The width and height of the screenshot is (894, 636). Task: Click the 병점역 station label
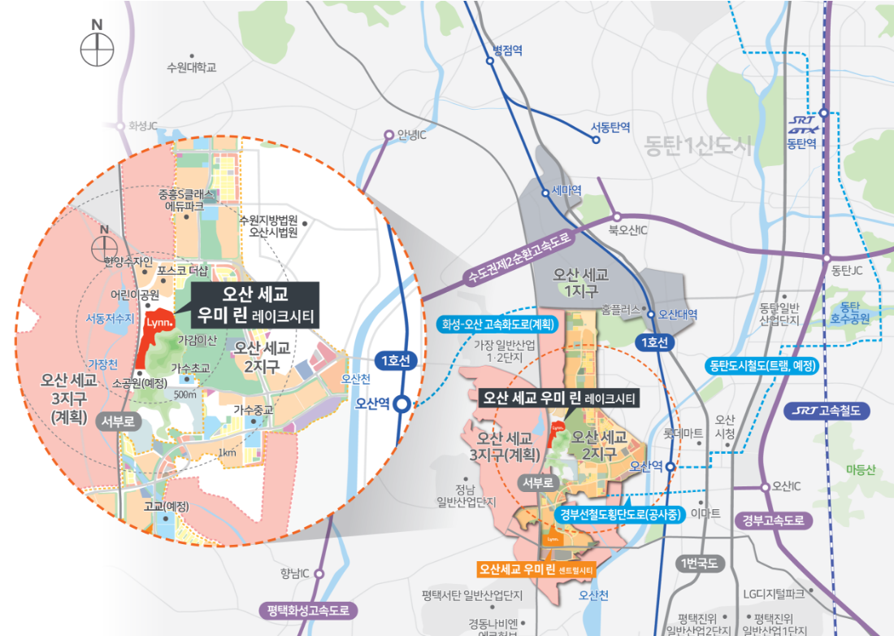(x=507, y=50)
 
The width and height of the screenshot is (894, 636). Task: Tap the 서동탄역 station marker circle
(x=597, y=140)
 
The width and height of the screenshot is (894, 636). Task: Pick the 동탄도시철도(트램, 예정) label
(x=761, y=365)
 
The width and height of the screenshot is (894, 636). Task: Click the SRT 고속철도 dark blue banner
(x=828, y=411)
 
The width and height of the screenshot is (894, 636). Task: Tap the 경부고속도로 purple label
(x=772, y=519)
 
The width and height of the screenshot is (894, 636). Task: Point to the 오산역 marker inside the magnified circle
(x=401, y=403)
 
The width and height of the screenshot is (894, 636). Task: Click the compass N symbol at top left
(x=97, y=48)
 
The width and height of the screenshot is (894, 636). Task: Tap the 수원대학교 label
(x=191, y=68)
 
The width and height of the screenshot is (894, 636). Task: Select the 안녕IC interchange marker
(x=389, y=136)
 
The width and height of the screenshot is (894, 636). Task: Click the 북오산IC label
(x=628, y=231)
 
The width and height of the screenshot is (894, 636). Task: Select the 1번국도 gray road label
(x=698, y=564)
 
